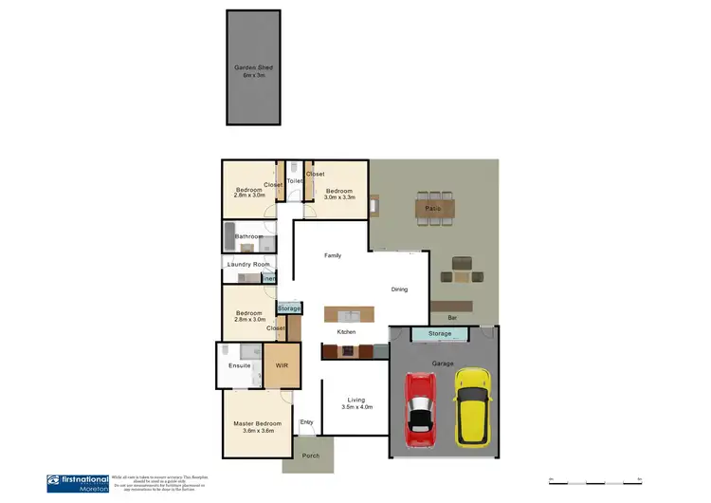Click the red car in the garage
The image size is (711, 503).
(419, 409)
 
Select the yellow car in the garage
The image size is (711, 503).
(471, 407)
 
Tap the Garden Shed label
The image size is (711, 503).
(252, 67)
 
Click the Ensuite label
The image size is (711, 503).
(239, 365)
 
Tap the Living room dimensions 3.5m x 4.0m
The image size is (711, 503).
(357, 407)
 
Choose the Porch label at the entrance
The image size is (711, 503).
(311, 456)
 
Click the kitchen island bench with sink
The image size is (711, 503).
(349, 314)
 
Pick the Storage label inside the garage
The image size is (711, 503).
(439, 334)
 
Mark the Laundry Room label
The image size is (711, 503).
(248, 264)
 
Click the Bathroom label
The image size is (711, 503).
(248, 236)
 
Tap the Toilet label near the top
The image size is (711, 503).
(295, 180)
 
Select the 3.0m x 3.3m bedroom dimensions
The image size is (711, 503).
(339, 197)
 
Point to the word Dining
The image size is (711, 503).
(399, 289)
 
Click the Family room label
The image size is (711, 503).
(333, 255)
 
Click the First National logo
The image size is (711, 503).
(76, 483)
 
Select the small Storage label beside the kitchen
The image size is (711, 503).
(289, 308)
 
